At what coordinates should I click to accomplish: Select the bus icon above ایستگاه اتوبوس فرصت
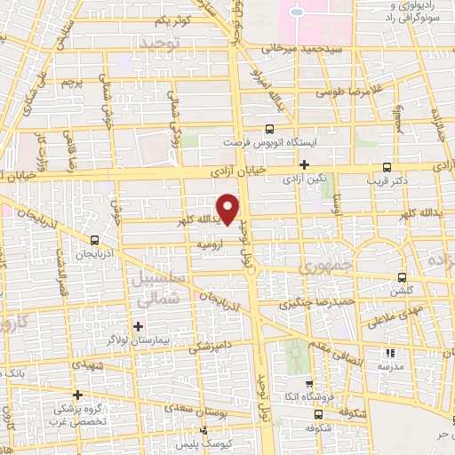click(270, 128)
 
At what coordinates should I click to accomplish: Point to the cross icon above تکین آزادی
click(304, 164)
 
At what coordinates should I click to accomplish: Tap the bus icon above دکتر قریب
click(386, 166)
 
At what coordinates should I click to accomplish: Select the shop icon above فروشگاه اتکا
click(319, 382)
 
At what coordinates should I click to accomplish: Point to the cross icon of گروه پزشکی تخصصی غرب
click(77, 395)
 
